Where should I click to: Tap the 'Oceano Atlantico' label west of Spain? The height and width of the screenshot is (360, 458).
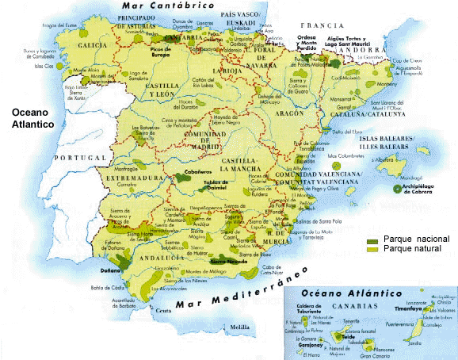pos(29,118)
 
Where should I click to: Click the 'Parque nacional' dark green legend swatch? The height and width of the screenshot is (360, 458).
pos(372,239)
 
